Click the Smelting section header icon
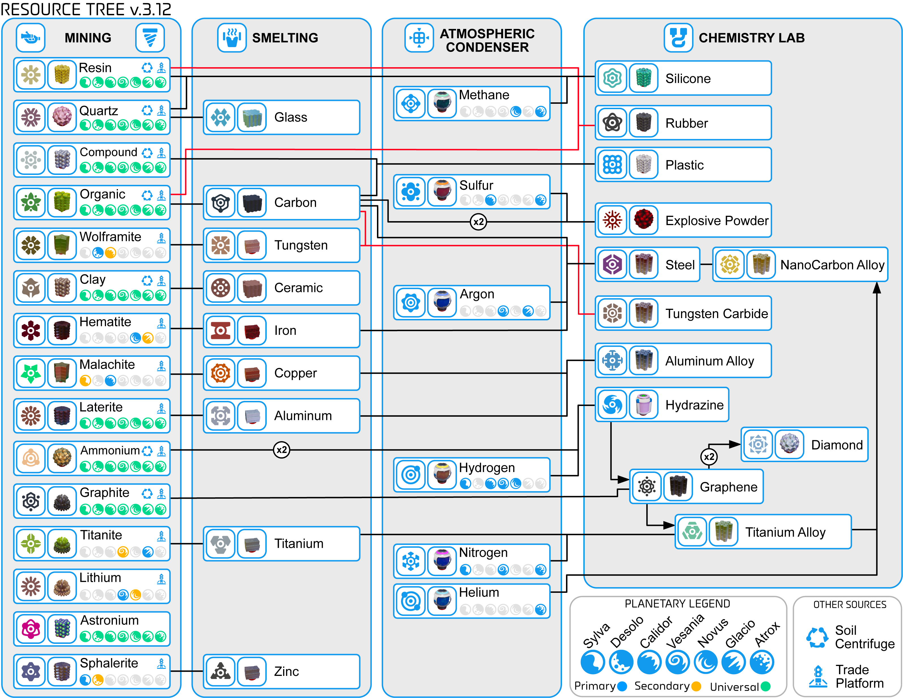pyautogui.click(x=232, y=38)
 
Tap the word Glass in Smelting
pyautogui.click(x=291, y=117)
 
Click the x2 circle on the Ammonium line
pyautogui.click(x=281, y=450)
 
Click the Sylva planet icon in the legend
pyautogui.click(x=592, y=662)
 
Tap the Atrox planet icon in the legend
pyautogui.click(x=762, y=662)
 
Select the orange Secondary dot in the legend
pyautogui.click(x=696, y=686)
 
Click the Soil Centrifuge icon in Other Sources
pyautogui.click(x=817, y=638)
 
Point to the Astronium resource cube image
pyautogui.click(x=62, y=629)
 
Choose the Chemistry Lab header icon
pyautogui.click(x=678, y=38)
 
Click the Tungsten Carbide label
pyautogui.click(x=716, y=314)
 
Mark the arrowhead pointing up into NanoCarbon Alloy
pyautogui.click(x=877, y=288)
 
